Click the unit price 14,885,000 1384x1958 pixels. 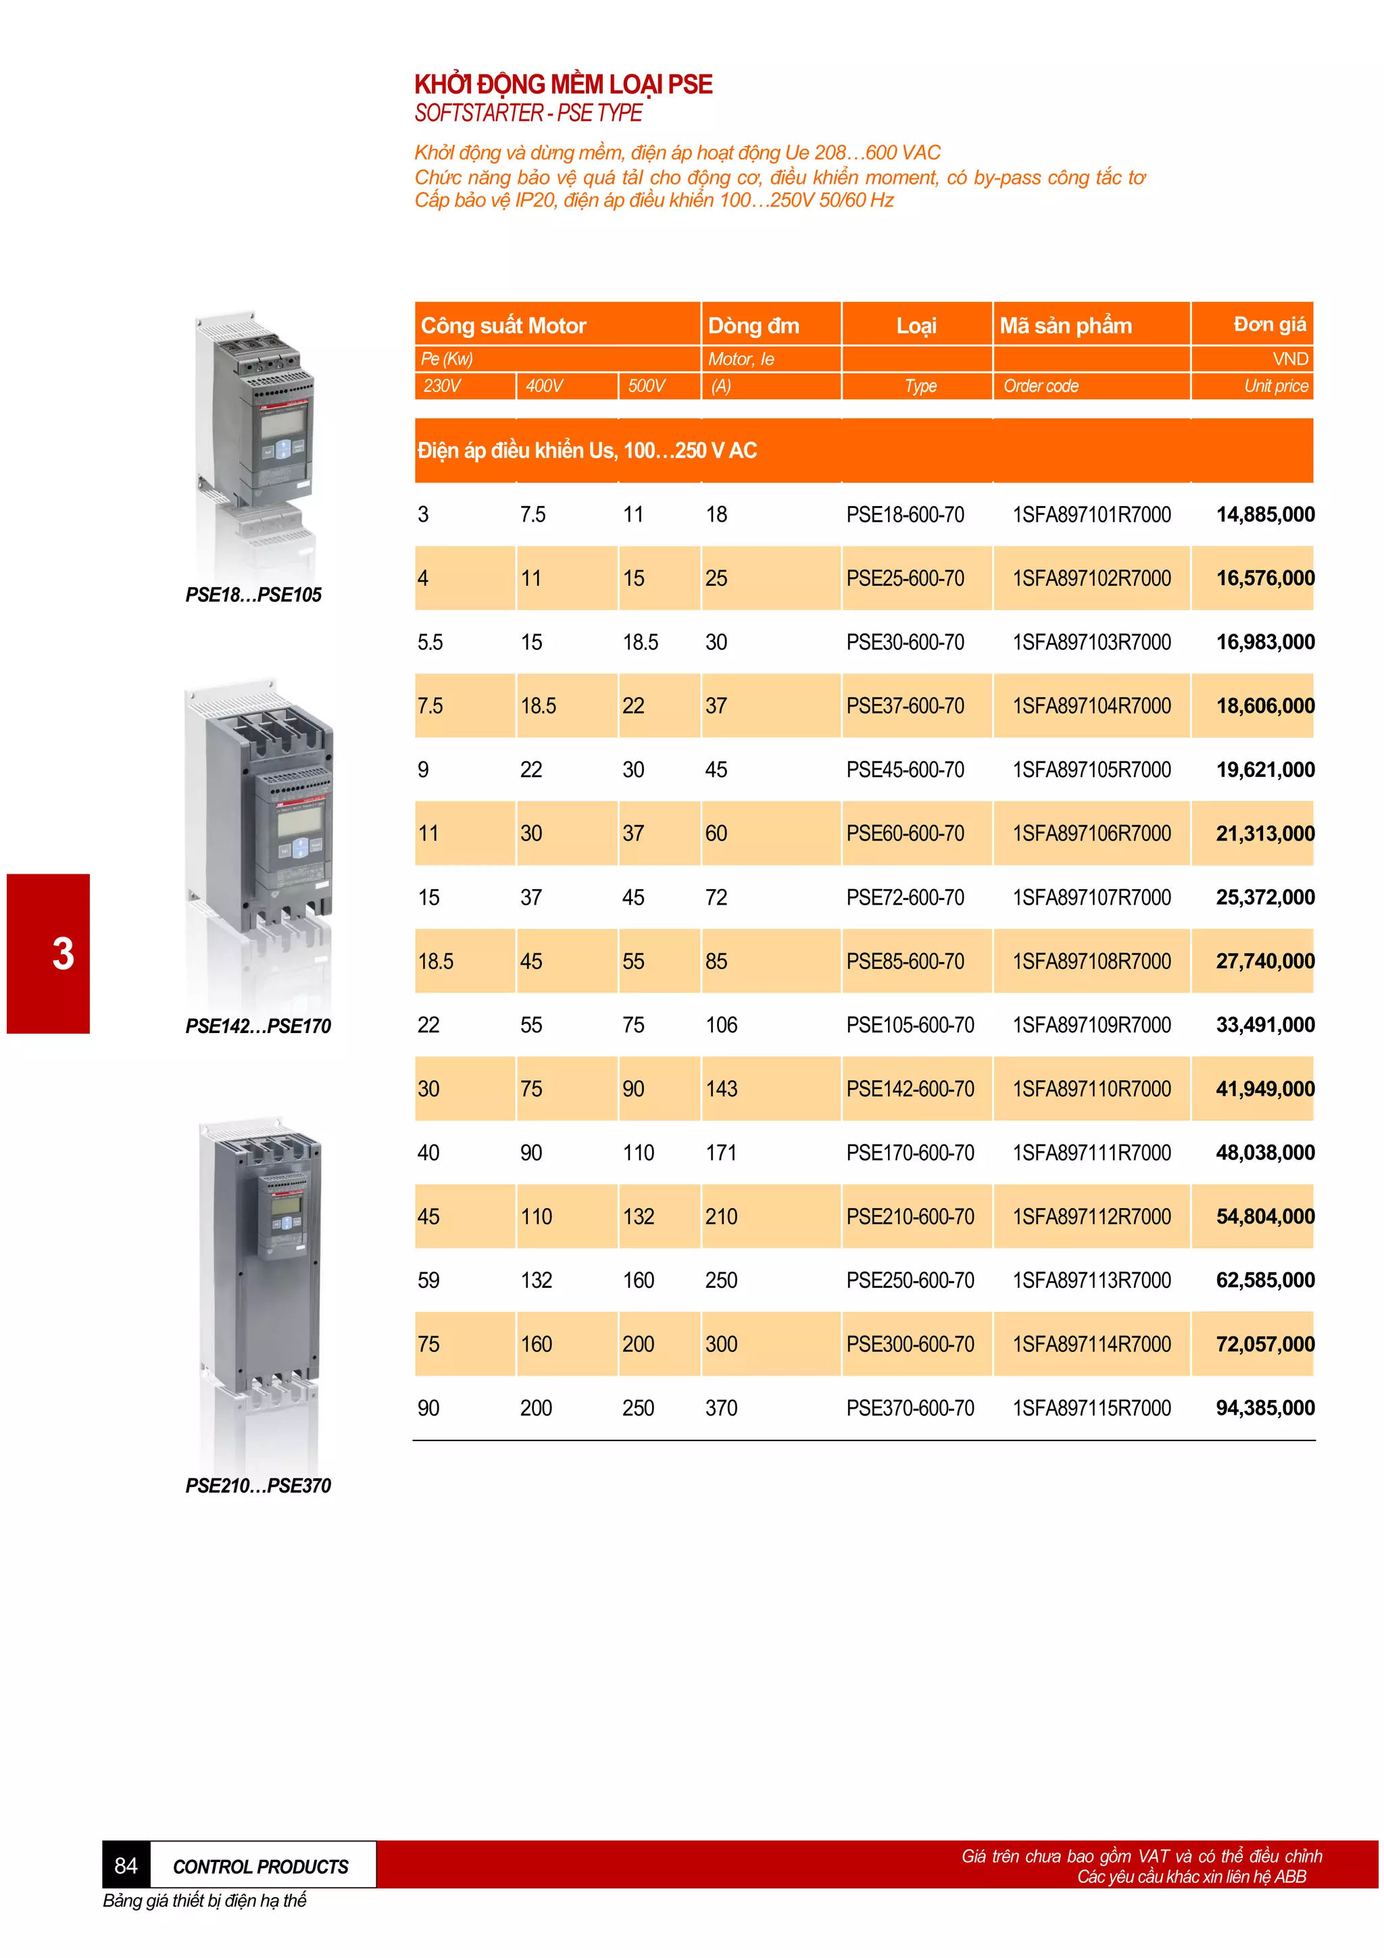click(1264, 514)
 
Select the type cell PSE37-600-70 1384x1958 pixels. click(905, 706)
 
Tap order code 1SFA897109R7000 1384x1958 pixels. click(1091, 1025)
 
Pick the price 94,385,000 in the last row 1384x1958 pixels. click(1264, 1408)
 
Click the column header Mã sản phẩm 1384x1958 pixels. click(1065, 326)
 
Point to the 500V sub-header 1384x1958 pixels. click(646, 386)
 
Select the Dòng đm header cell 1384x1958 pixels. click(753, 326)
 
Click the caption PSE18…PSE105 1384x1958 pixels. click(253, 595)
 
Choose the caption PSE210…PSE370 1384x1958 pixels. click(257, 1486)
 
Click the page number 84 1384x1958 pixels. click(125, 1866)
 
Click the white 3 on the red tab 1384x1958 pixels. click(62, 953)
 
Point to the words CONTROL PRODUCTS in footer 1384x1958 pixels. click(260, 1867)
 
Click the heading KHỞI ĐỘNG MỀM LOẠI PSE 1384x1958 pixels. click(563, 84)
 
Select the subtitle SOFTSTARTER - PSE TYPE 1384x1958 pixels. click(528, 114)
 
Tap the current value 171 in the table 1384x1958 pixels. click(720, 1153)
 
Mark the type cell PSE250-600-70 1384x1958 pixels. click(910, 1281)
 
